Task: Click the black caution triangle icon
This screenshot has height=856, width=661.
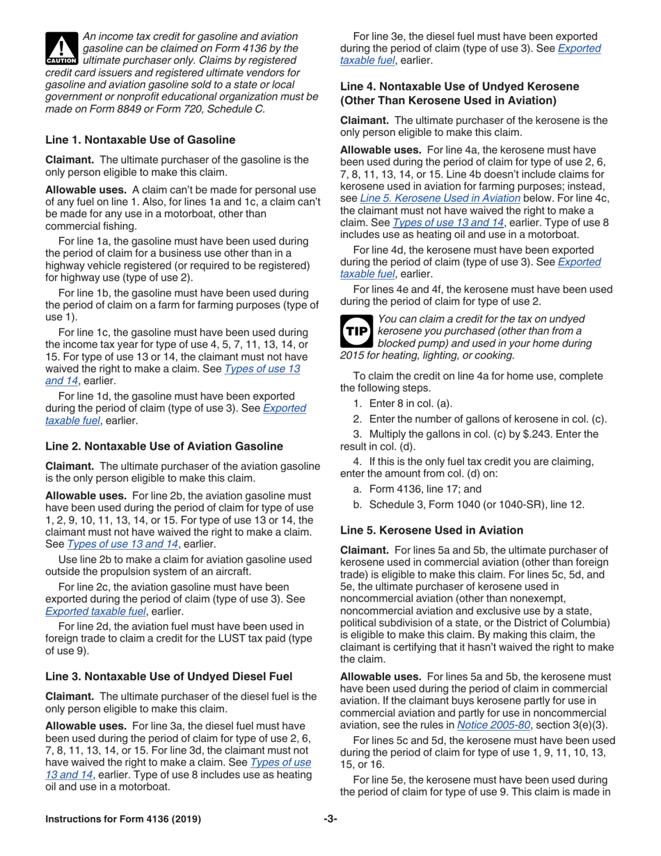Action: click(x=61, y=47)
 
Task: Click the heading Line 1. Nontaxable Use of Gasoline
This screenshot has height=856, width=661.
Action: click(x=140, y=140)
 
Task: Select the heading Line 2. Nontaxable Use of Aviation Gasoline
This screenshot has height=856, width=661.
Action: click(x=164, y=446)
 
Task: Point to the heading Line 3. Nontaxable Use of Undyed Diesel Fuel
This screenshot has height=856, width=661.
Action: click(x=168, y=676)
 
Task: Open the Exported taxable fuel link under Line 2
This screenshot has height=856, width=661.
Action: click(x=95, y=611)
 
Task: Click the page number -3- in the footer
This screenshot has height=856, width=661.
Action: click(x=330, y=819)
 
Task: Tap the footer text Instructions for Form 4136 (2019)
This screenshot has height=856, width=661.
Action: click(x=123, y=819)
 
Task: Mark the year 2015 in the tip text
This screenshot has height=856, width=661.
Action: click(x=353, y=356)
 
